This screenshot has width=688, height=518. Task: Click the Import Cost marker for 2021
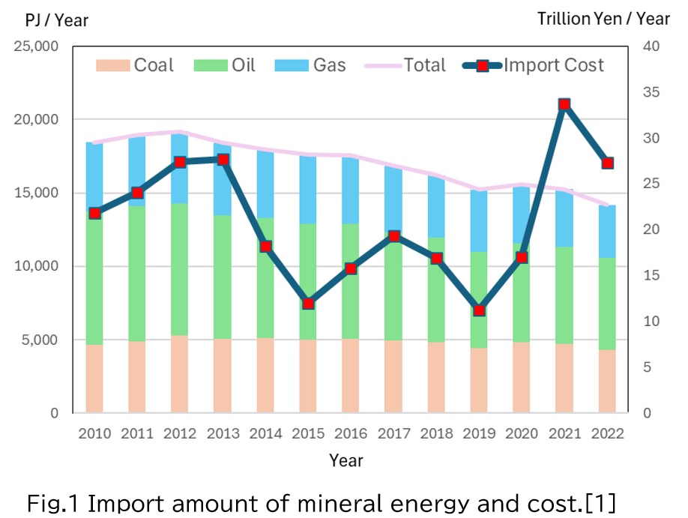pyautogui.click(x=564, y=104)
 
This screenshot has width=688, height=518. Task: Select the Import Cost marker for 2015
pyautogui.click(x=308, y=304)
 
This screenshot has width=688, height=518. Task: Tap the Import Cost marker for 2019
pyautogui.click(x=479, y=310)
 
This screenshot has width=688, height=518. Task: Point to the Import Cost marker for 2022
pyautogui.click(x=607, y=163)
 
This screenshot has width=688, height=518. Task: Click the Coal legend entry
pyautogui.click(x=136, y=65)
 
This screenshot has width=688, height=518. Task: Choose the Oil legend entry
pyautogui.click(x=225, y=65)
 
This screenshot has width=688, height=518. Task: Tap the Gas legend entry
pyautogui.click(x=310, y=65)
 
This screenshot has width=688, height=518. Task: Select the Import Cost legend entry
pyautogui.click(x=534, y=65)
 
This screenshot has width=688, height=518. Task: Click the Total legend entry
pyautogui.click(x=405, y=65)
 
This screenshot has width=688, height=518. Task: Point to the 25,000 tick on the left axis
pyautogui.click(x=37, y=46)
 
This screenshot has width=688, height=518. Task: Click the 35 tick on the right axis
pyautogui.click(x=651, y=92)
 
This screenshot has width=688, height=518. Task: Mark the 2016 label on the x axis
pyautogui.click(x=351, y=433)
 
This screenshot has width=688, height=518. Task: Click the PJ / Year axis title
pyautogui.click(x=57, y=20)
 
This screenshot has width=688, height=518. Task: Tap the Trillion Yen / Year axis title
pyautogui.click(x=603, y=19)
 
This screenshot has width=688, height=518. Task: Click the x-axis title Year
pyautogui.click(x=346, y=460)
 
